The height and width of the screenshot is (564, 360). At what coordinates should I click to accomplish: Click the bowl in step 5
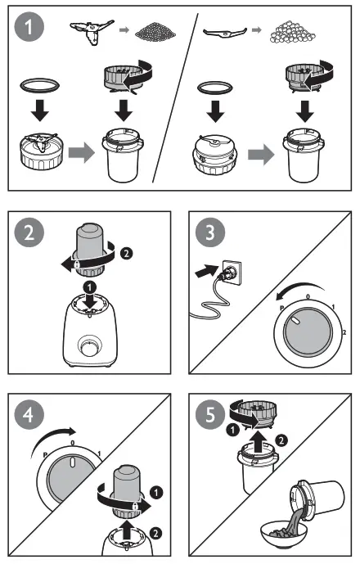[280, 536]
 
